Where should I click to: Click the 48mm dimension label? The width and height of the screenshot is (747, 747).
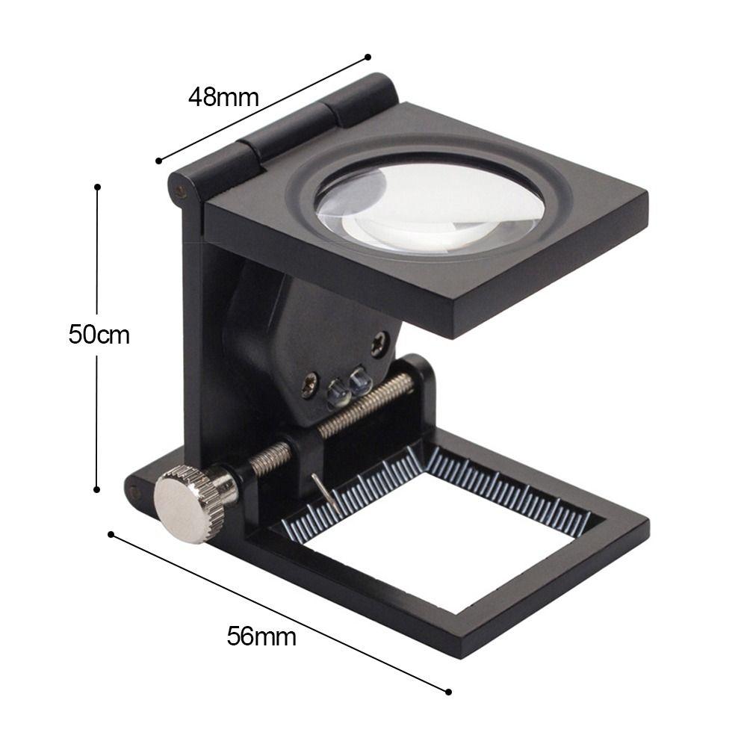[x=223, y=97]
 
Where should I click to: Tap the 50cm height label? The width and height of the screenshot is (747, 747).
[x=99, y=335]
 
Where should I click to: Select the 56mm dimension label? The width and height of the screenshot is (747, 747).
[x=261, y=636]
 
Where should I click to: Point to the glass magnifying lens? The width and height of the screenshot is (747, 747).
[x=430, y=205]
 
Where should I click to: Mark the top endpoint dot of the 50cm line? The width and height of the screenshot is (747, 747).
[x=97, y=187]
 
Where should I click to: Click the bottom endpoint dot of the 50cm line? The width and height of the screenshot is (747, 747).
[x=97, y=489]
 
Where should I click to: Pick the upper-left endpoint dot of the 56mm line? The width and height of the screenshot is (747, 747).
[x=111, y=534]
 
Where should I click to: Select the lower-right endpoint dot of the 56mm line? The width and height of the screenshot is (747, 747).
[x=448, y=692]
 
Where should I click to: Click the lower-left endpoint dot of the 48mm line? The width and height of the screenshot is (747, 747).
[x=158, y=161]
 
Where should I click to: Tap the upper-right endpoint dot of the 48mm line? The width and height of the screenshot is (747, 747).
[x=368, y=57]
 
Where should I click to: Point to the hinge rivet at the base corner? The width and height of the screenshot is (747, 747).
[x=134, y=492]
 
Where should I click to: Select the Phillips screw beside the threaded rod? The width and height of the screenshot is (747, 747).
[x=309, y=386]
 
